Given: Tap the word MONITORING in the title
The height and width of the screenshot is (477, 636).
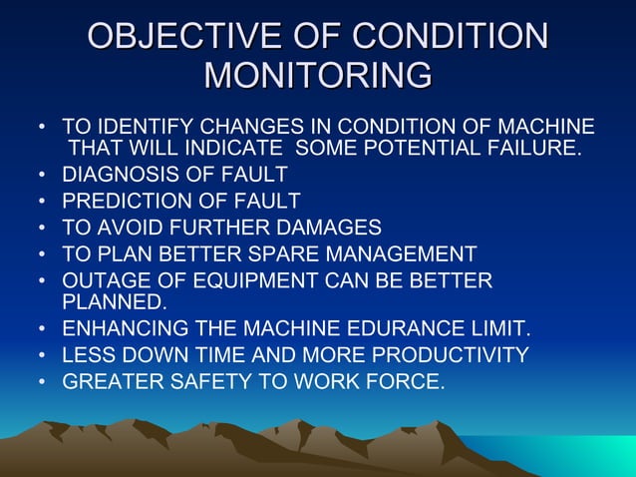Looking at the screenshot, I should tap(318, 75).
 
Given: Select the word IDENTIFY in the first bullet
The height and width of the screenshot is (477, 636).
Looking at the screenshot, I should tap(141, 128).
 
